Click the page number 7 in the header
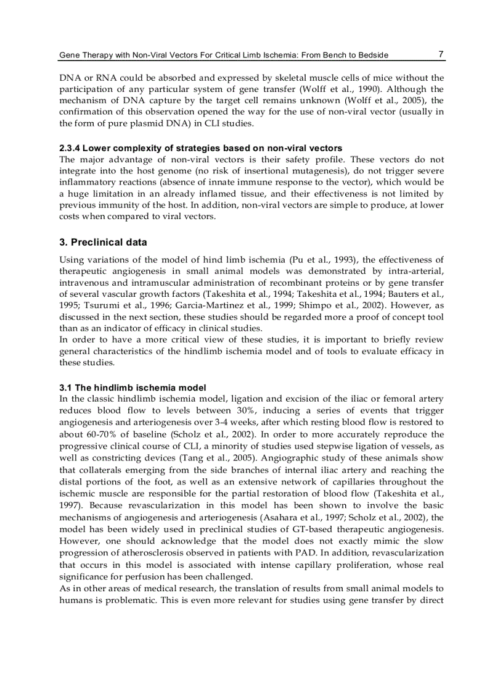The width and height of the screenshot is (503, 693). click(x=441, y=54)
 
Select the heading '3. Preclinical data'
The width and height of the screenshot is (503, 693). click(x=103, y=243)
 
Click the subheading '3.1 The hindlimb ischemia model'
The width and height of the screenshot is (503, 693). click(x=133, y=388)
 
